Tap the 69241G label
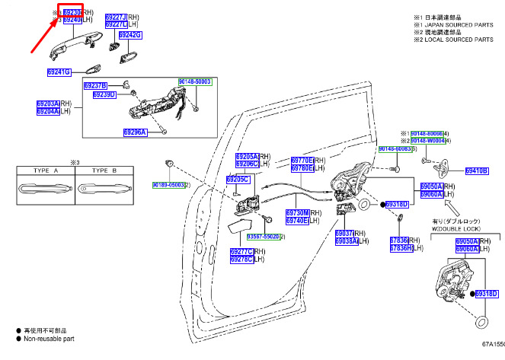coord(57,72)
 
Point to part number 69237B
coord(95,85)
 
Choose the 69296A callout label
coord(135,132)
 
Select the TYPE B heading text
coord(104,171)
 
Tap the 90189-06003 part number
coord(166,185)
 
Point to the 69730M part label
coord(298,212)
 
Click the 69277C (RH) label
coord(241,251)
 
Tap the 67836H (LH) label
coord(401,248)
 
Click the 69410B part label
coord(477,170)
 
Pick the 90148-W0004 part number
coord(427,141)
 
